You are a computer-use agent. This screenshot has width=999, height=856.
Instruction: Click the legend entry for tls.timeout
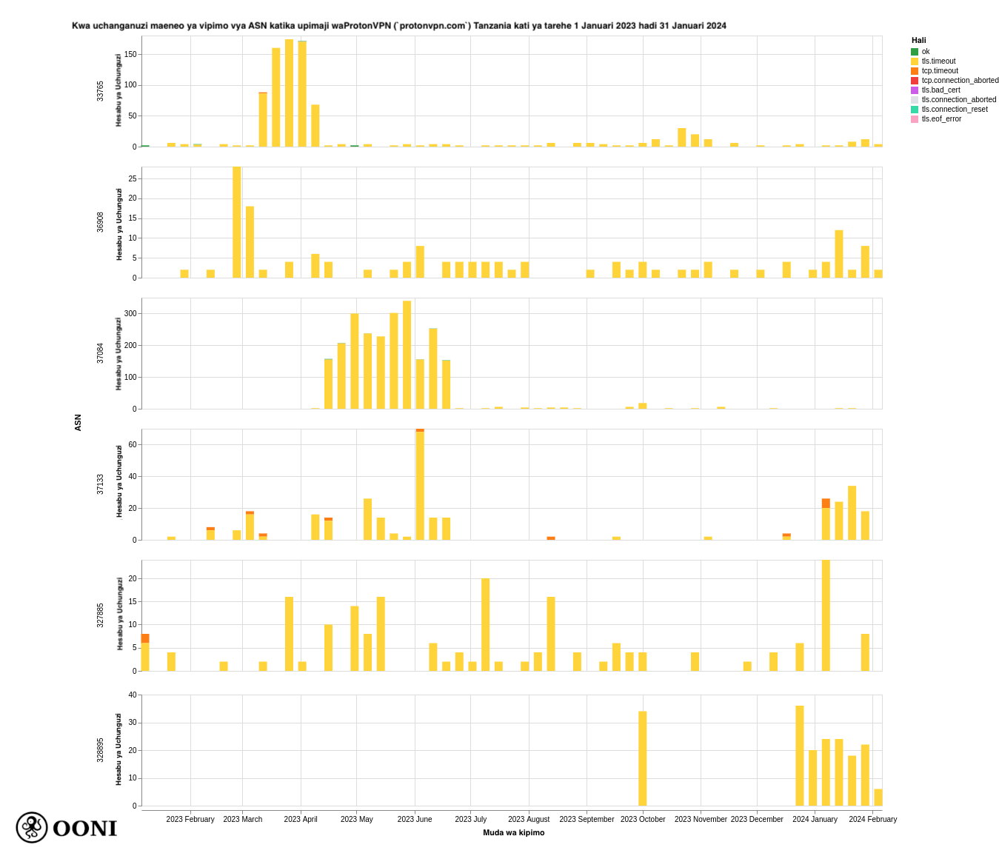point(938,61)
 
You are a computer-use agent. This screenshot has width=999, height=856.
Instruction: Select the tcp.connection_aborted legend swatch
point(915,81)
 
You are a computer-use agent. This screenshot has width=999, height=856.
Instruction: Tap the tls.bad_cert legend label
point(940,90)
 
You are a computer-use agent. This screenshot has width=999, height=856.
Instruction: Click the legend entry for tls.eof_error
point(941,119)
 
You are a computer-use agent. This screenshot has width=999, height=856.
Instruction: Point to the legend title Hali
point(918,41)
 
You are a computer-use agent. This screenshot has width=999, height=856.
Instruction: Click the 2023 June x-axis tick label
point(415,819)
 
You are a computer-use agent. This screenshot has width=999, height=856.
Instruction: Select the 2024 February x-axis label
point(872,819)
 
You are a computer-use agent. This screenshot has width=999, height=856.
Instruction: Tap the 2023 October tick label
point(643,819)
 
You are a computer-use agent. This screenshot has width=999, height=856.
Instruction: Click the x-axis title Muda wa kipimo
point(513,832)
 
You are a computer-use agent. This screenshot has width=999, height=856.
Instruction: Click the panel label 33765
point(101,91)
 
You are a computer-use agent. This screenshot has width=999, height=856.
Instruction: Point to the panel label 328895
point(101,750)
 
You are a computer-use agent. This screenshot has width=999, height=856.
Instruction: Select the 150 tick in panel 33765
point(130,54)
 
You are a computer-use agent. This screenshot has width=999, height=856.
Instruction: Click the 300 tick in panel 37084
point(130,314)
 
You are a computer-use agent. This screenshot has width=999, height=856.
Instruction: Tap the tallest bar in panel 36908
point(237,222)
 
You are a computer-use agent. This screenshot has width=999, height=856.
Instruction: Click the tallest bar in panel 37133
point(420,485)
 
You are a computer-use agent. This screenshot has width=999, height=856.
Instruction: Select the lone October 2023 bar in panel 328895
point(643,758)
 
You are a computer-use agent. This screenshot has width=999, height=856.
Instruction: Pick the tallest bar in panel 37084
point(407,355)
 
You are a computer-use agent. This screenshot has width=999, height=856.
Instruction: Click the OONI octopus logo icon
point(32,827)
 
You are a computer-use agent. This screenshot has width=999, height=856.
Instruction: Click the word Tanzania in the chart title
point(491,26)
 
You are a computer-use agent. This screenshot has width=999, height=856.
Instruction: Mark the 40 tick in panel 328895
point(133,695)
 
